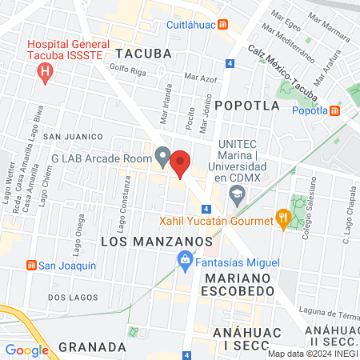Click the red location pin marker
[181, 162]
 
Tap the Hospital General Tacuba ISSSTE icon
[46, 74]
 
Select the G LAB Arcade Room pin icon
[162, 157]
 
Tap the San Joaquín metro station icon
[31, 266]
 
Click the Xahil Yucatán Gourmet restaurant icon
[282, 217]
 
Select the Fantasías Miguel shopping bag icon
[184, 261]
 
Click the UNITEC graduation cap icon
[237, 193]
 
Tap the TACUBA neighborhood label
[143, 53]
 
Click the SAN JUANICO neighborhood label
[73, 138]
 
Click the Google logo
[26, 350]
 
